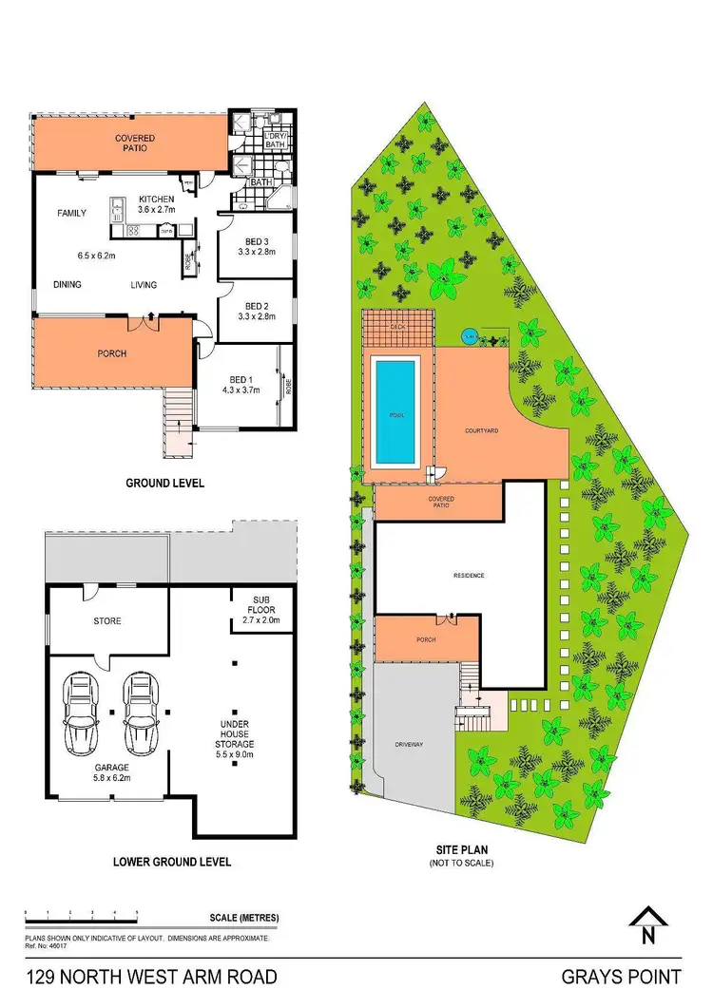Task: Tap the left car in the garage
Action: pos(80,712)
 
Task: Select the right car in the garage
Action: pos(139,712)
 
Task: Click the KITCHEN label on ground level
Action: pos(156,199)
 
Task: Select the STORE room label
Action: pos(107,621)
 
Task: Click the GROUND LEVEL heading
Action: pos(165,483)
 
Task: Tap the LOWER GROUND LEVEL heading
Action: pos(172,863)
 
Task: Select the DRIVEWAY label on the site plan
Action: pos(410,744)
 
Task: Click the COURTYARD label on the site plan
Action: pos(482,430)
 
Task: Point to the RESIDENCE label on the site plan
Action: pos(468,576)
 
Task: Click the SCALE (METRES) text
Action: pos(243,918)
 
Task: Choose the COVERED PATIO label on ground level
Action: pos(135,144)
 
